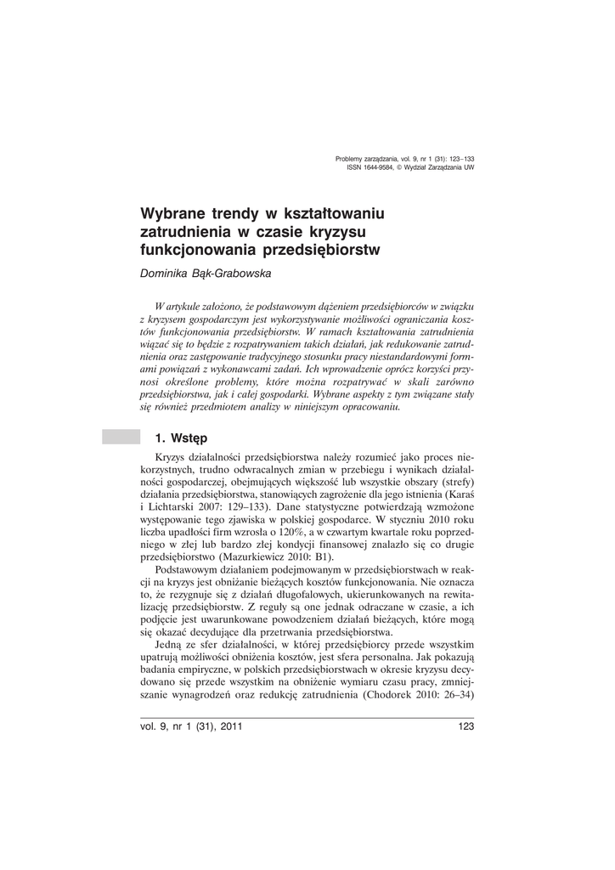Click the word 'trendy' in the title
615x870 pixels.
(x=234, y=211)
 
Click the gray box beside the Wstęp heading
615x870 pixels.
(x=121, y=438)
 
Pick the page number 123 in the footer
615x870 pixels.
(x=465, y=726)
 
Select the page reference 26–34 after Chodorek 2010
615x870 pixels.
(x=455, y=694)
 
